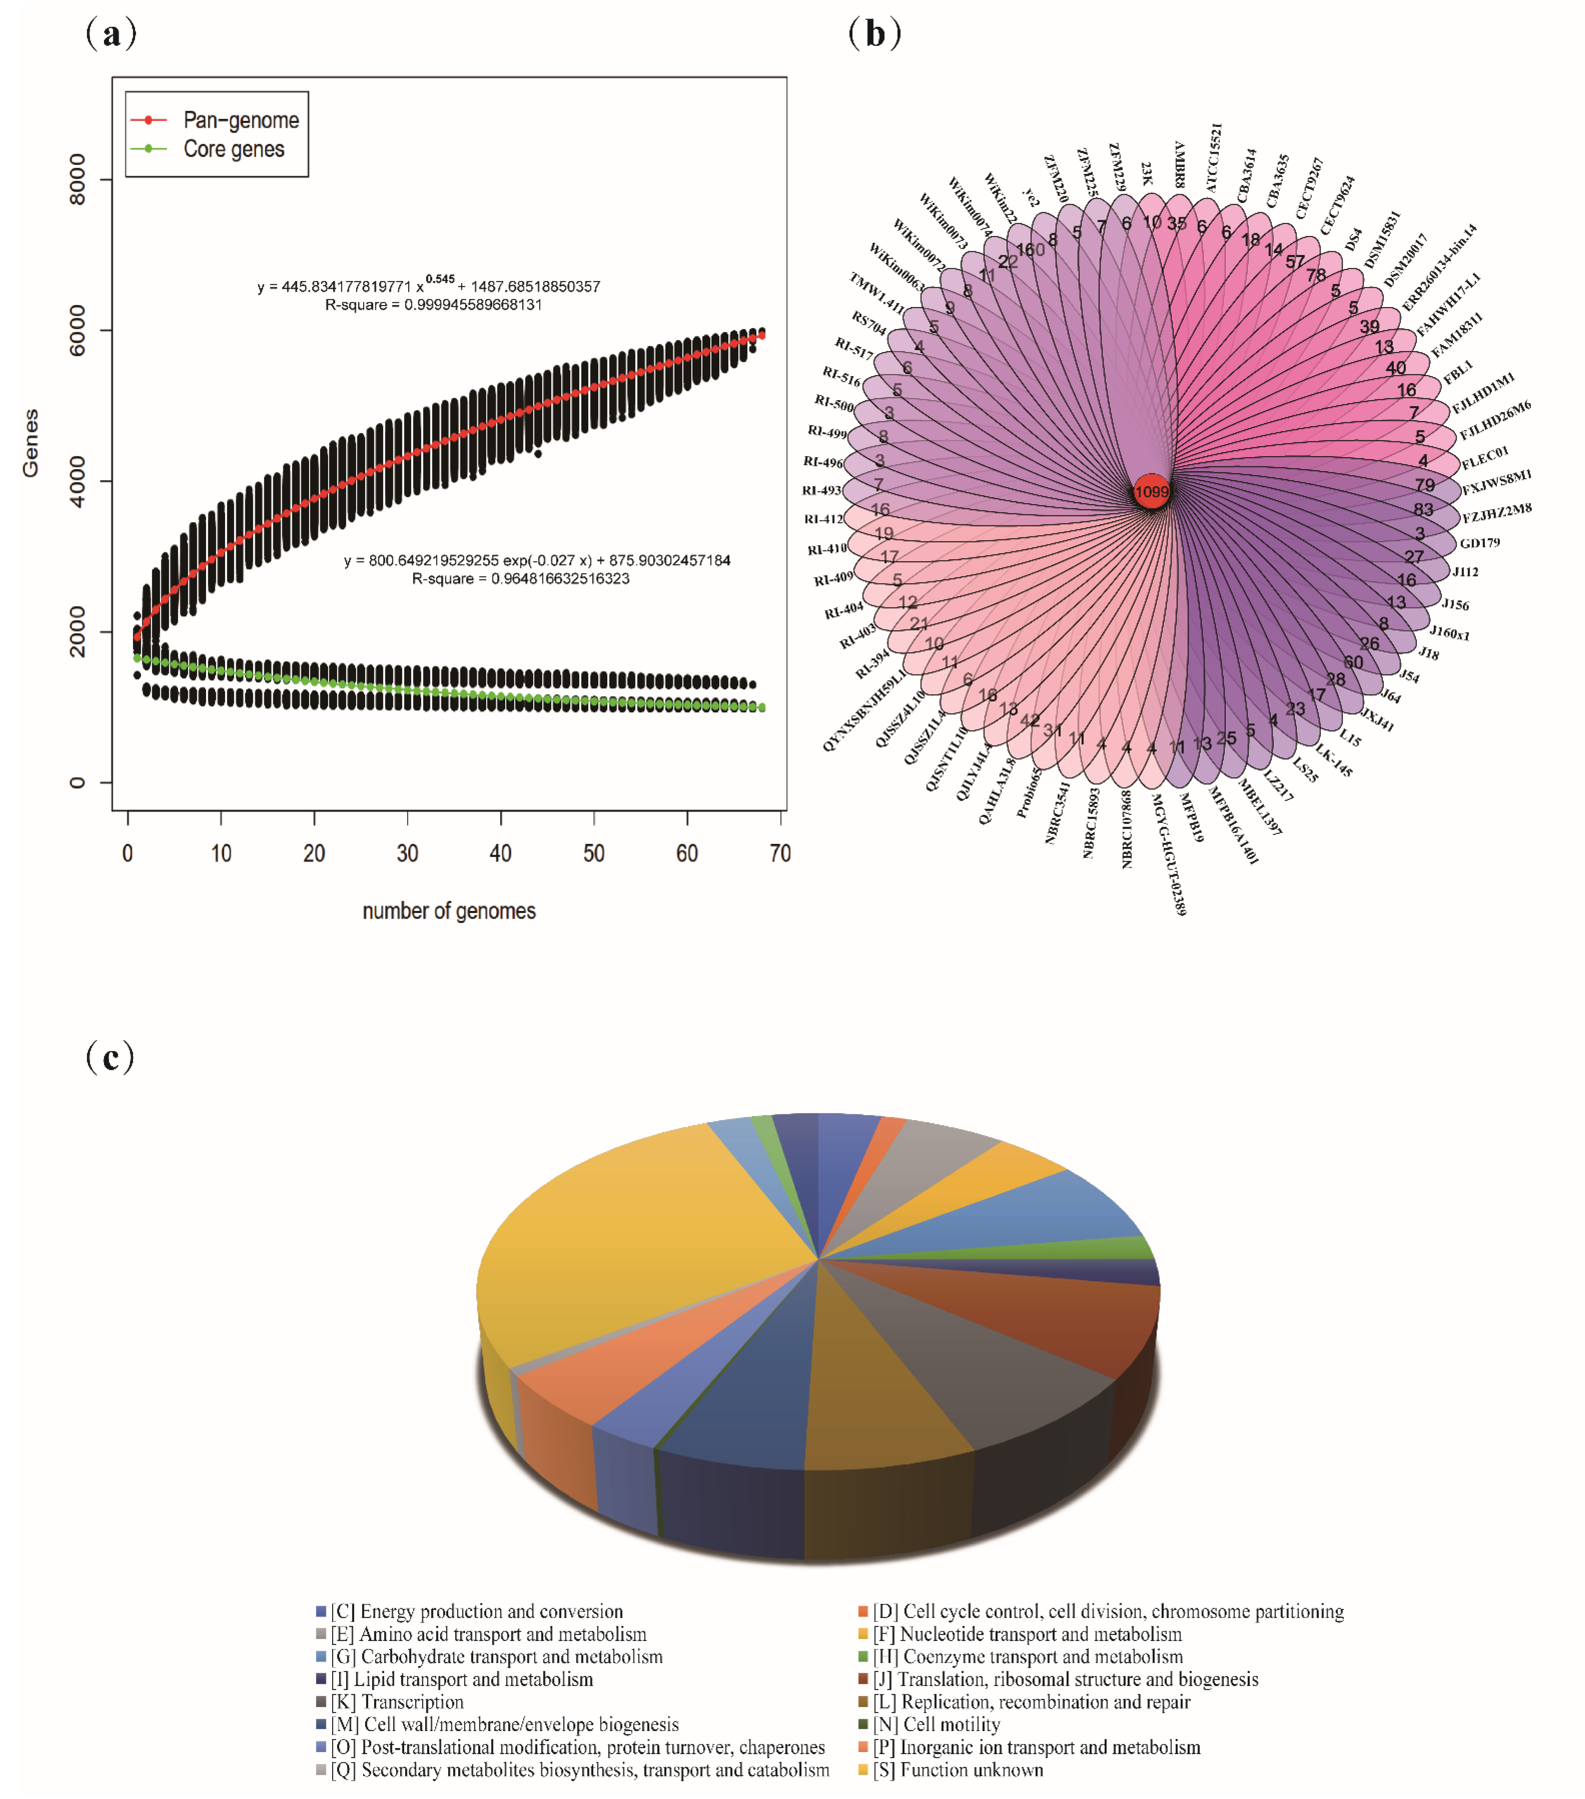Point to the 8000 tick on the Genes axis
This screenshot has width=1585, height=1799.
click(78, 180)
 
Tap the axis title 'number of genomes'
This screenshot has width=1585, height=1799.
click(449, 911)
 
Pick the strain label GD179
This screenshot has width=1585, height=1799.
click(1479, 543)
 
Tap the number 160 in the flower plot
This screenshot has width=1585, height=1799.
click(1031, 250)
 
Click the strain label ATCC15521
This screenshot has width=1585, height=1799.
click(1214, 158)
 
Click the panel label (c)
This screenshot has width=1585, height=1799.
click(110, 1056)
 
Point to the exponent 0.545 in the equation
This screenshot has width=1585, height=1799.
click(440, 279)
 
